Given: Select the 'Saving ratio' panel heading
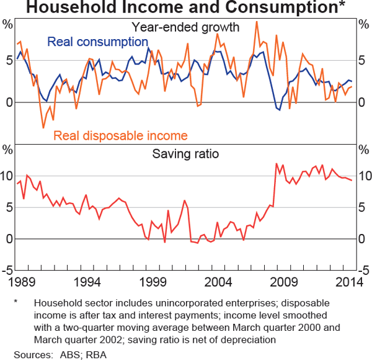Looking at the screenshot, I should click(x=185, y=153).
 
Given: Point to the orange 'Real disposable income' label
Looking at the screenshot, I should click(x=120, y=135).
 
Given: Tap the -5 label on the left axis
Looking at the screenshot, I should click(x=7, y=270).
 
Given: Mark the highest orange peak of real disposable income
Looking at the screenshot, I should click(x=256, y=22).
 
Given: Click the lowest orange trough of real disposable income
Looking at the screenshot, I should click(x=43, y=128).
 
